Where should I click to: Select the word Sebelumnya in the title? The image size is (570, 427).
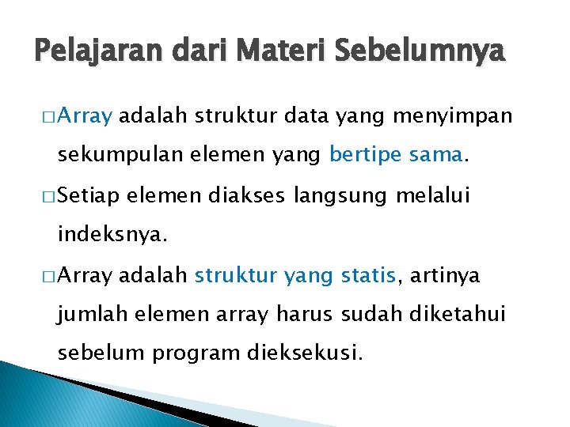(420, 53)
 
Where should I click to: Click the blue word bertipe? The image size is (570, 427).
(361, 156)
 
